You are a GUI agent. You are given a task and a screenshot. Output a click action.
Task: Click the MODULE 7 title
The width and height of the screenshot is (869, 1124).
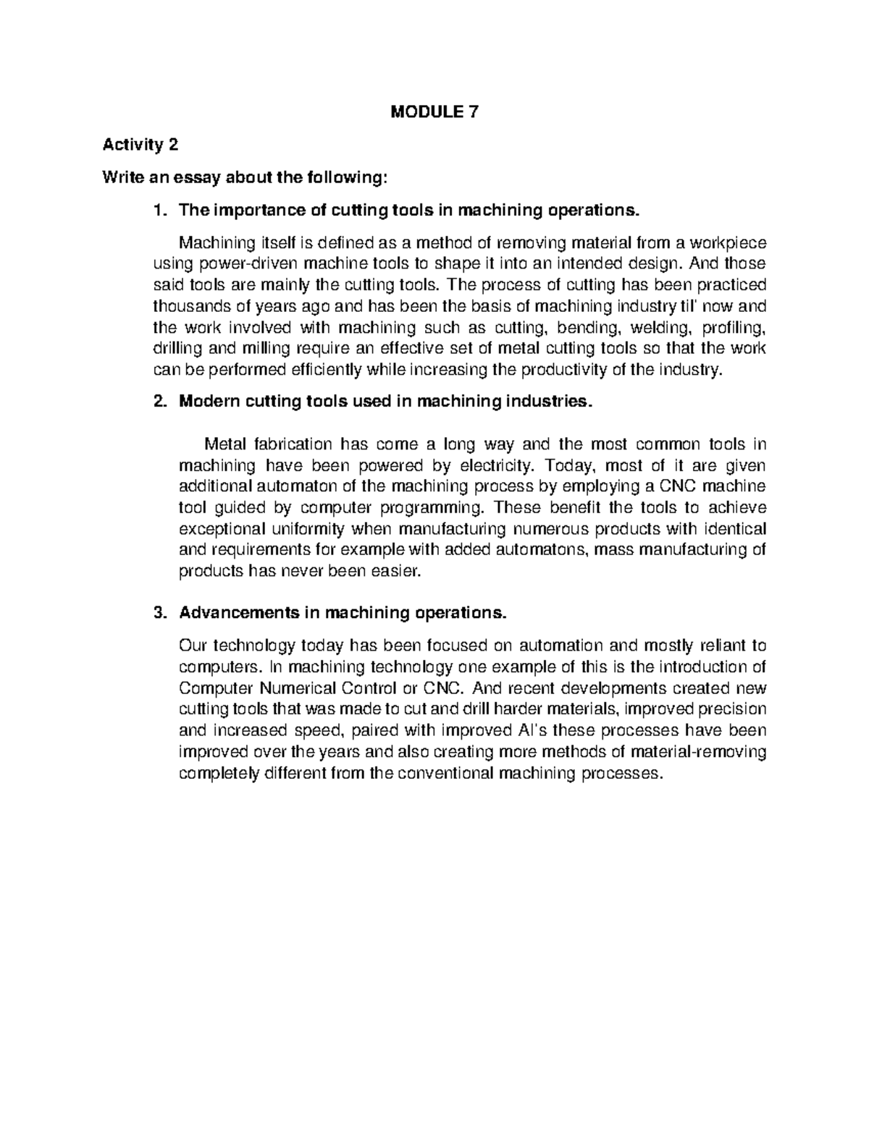[434, 112]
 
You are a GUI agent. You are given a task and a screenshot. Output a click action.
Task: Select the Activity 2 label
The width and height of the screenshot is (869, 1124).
[140, 145]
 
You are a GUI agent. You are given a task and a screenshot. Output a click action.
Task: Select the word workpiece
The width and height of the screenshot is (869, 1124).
[726, 242]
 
